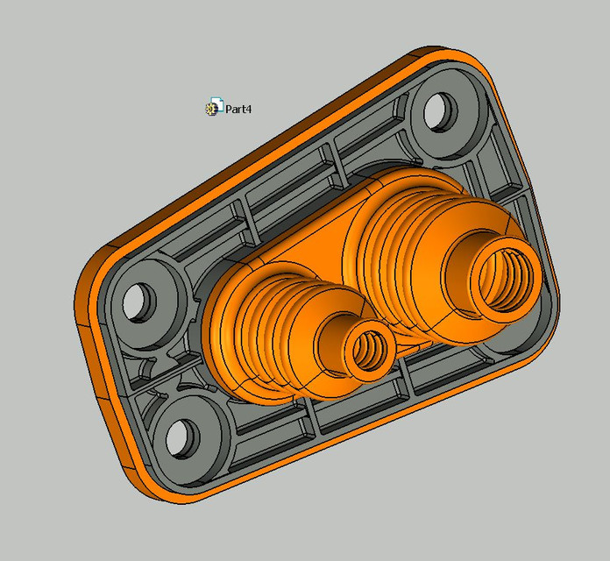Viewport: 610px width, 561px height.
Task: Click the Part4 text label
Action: pos(238,110)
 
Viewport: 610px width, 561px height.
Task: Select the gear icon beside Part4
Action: pos(212,109)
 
